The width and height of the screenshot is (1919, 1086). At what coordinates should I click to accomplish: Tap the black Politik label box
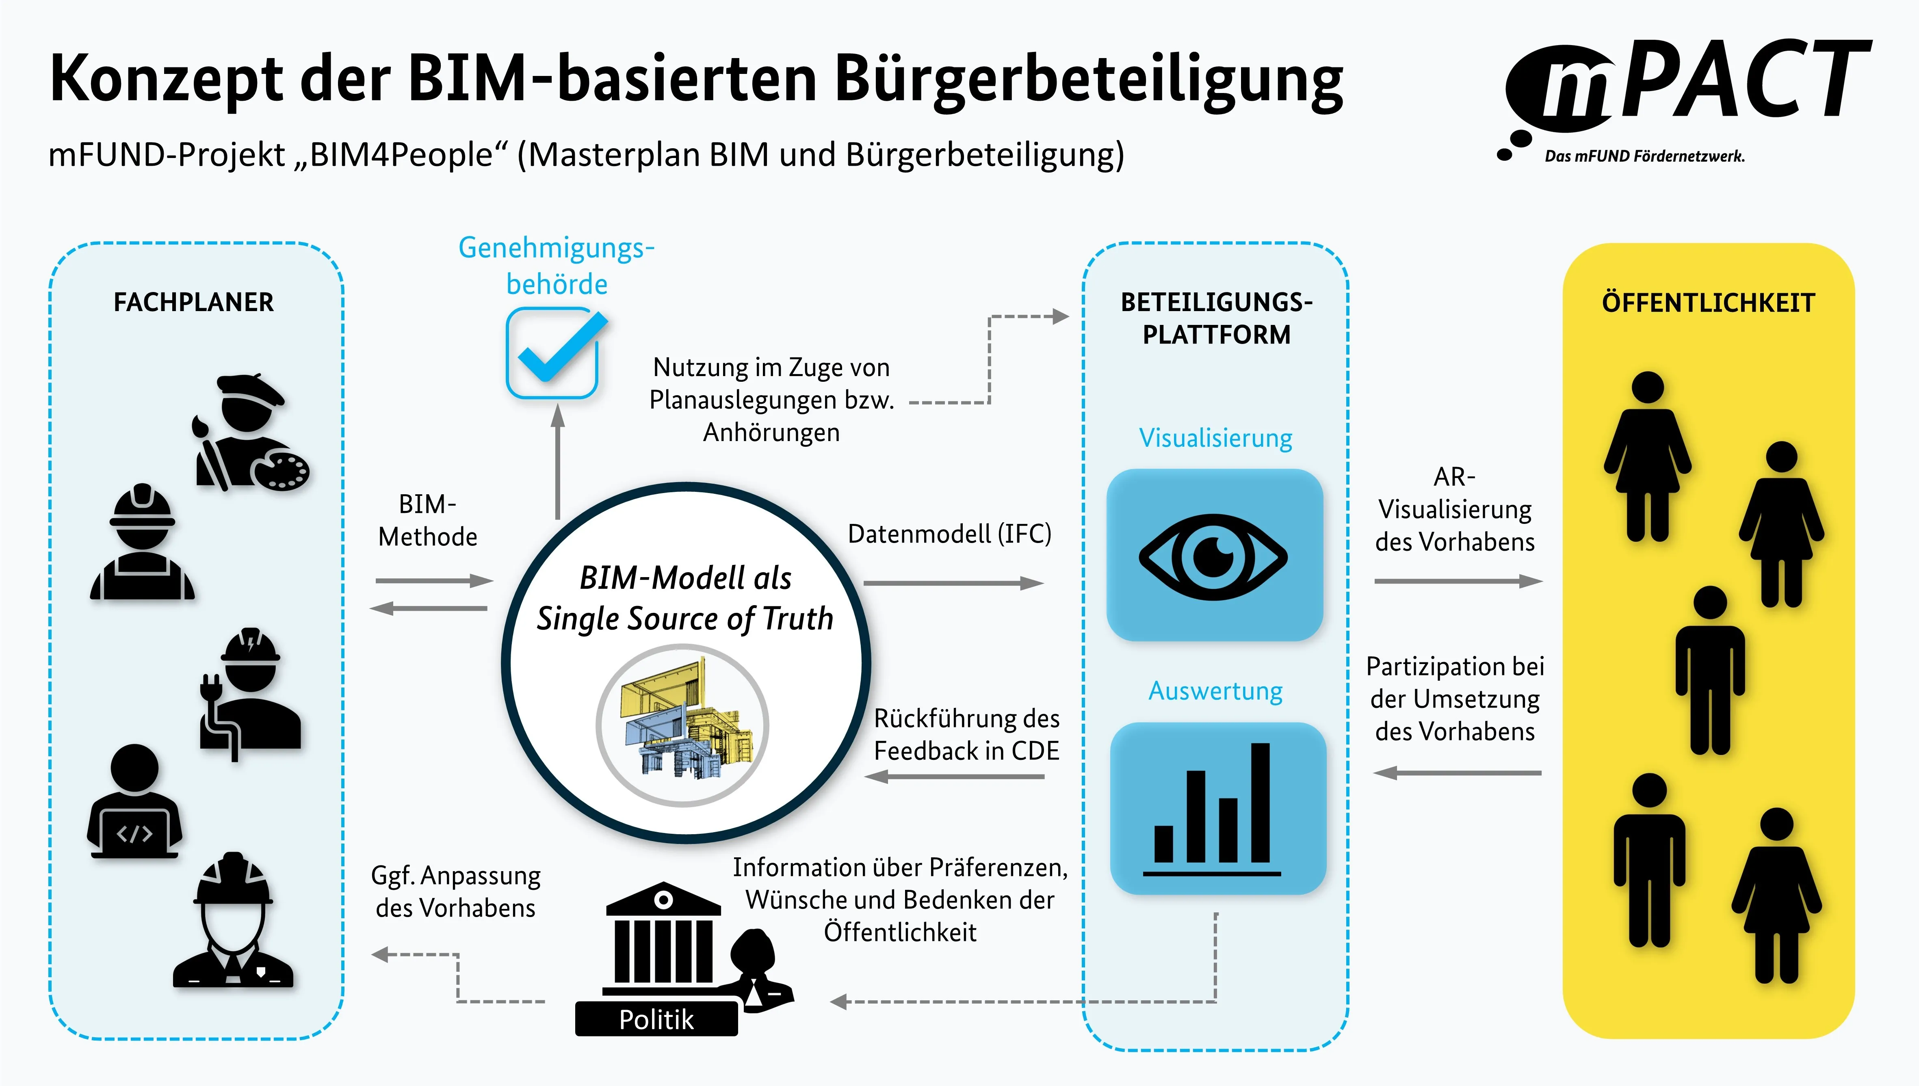click(656, 1019)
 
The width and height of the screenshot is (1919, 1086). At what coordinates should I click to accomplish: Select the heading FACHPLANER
click(193, 302)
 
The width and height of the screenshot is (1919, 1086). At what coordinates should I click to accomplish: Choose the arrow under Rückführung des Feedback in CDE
click(955, 777)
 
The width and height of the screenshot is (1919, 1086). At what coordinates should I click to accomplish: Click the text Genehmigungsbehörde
click(557, 266)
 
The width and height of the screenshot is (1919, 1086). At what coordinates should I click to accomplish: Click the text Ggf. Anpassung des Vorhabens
click(456, 891)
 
